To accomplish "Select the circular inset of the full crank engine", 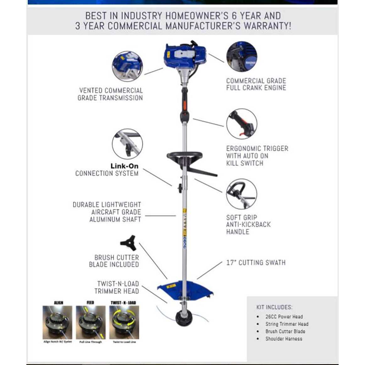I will tap(242, 57).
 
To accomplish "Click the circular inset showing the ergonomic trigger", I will tap(242, 124).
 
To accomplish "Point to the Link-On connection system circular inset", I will tap(127, 144).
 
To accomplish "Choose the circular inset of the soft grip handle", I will tap(242, 194).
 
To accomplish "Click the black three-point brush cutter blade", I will tap(128, 243).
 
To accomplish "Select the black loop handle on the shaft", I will tap(185, 156).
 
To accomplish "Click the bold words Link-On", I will tap(124, 166).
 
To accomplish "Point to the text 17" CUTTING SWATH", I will tap(256, 263).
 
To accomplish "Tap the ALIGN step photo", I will tap(57, 322).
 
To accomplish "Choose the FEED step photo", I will tap(90, 322).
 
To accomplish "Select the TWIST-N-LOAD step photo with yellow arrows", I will tap(124, 322).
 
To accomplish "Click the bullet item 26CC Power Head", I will tap(284, 317).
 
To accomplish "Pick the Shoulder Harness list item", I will tap(284, 339).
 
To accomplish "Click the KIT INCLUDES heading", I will tap(274, 307).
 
